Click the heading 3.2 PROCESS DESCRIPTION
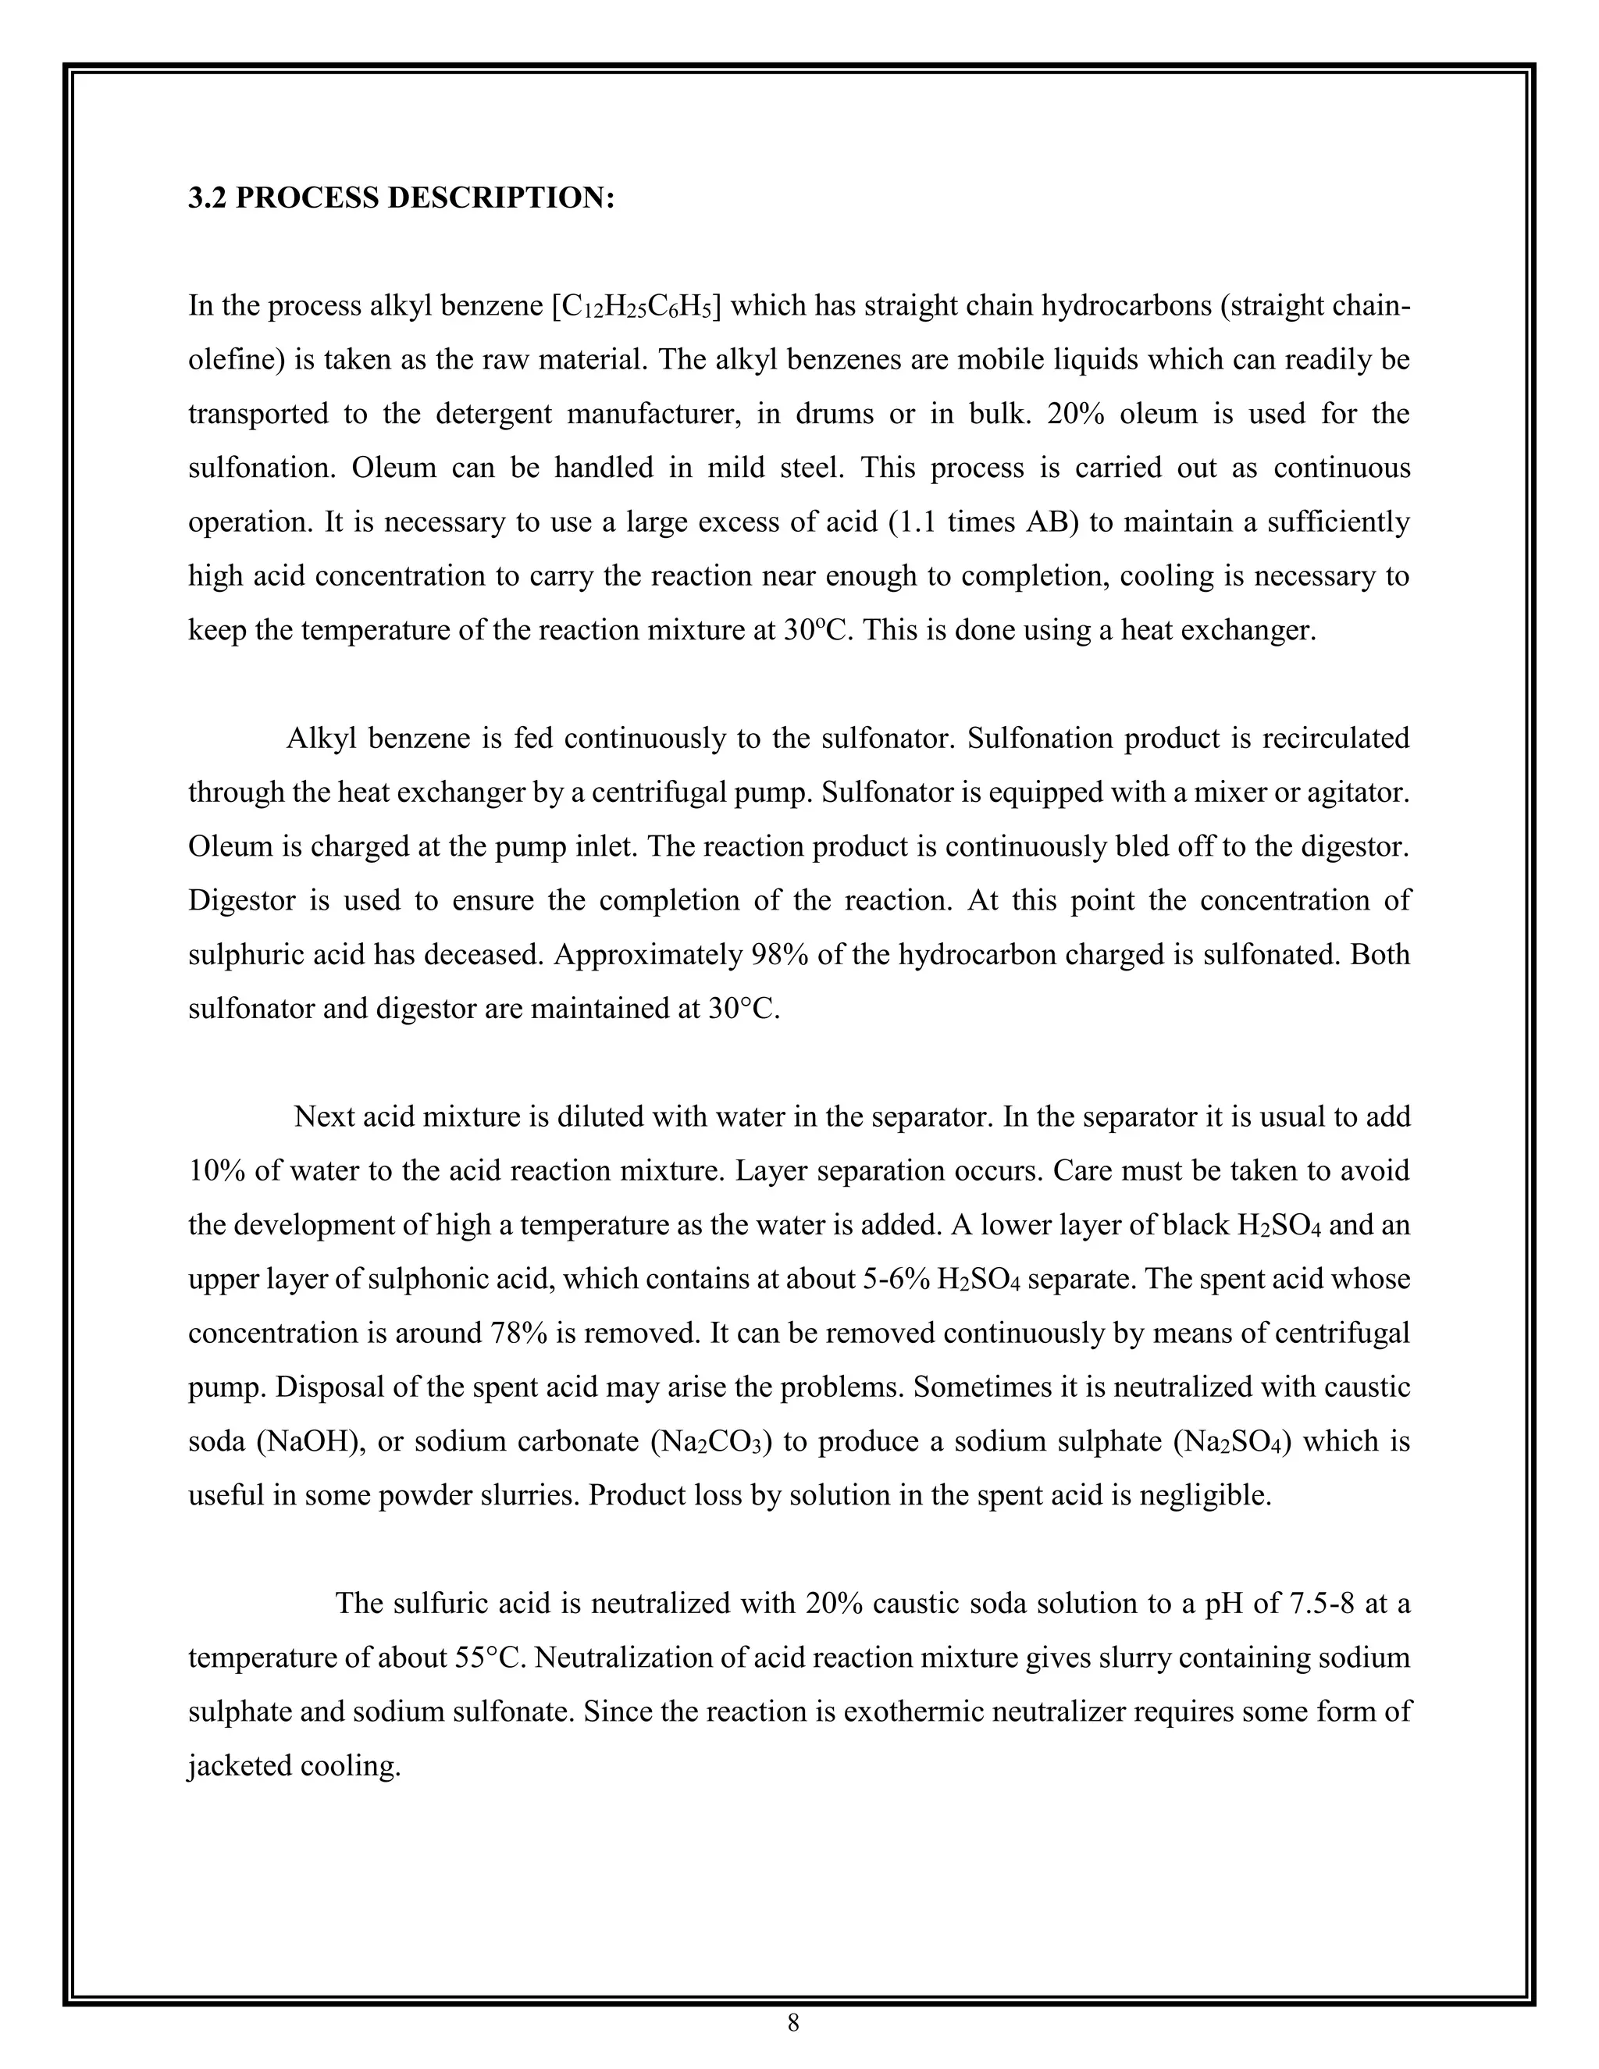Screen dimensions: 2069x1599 click(x=401, y=198)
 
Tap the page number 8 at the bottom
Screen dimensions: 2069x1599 click(x=793, y=2024)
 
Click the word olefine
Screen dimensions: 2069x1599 click(x=227, y=360)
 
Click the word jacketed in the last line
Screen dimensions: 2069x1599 click(x=239, y=1766)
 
